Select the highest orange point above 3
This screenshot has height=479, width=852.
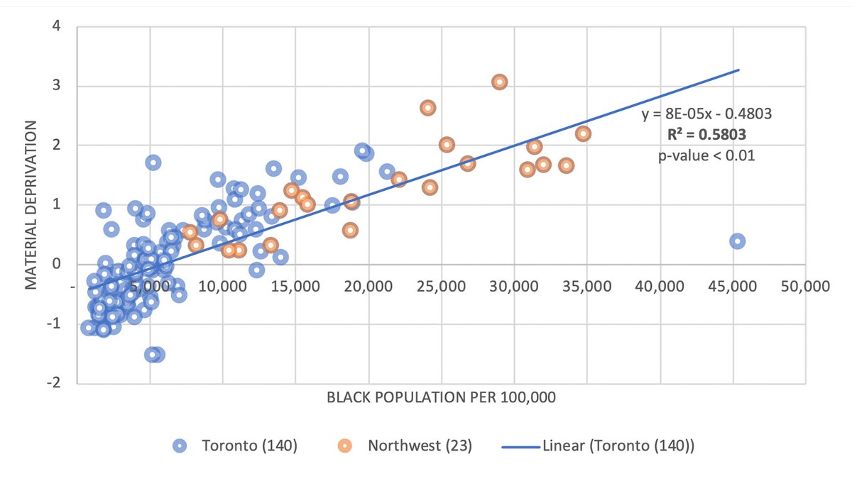point(499,82)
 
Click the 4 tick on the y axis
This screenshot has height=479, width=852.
point(56,27)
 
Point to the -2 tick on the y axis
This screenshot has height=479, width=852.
point(53,383)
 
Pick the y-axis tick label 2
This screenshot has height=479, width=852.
point(56,145)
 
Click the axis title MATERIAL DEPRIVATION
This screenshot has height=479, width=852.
point(31,205)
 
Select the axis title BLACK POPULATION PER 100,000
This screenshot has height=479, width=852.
point(441,397)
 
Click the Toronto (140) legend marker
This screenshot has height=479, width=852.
point(181,446)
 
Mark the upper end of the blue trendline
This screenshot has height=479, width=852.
point(739,70)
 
